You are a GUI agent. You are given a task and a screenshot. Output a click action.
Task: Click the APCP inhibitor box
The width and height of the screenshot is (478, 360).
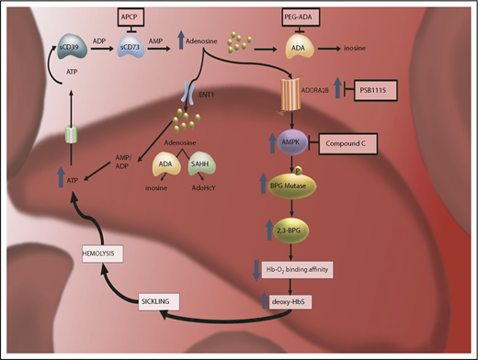pos(131,17)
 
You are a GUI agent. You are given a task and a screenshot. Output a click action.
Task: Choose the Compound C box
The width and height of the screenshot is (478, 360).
pos(350,142)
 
